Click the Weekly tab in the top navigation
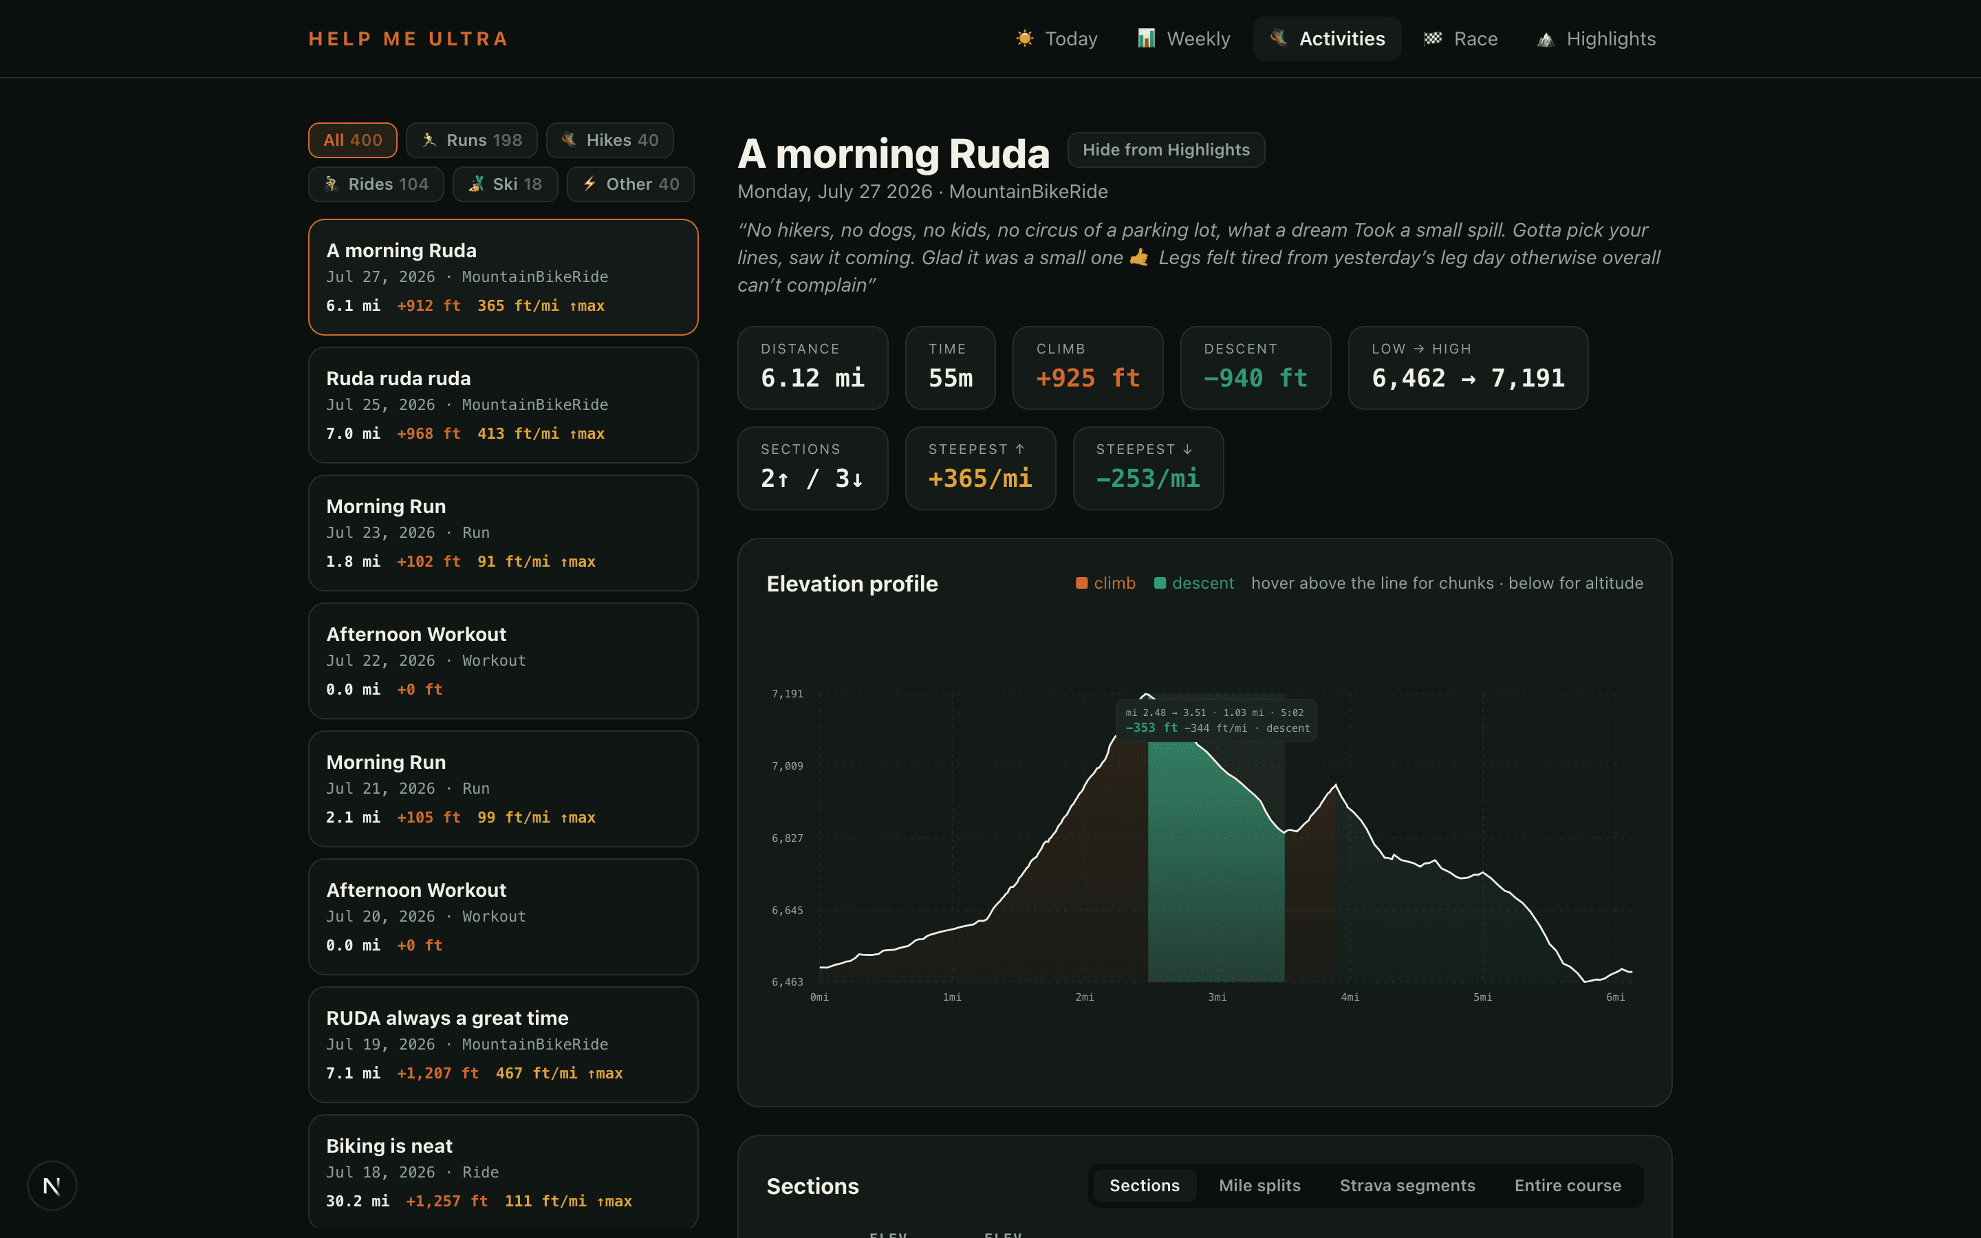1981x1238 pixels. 1184,39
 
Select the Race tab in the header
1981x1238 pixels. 1460,39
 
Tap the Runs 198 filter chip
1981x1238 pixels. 471,140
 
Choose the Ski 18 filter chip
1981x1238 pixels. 505,184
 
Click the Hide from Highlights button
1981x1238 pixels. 1166,150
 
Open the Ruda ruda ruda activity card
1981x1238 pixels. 503,405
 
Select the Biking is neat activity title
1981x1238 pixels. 389,1145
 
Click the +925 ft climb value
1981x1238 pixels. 1088,378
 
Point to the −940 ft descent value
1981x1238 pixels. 1255,378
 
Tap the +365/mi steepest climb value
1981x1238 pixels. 980,478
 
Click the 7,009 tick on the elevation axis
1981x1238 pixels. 788,765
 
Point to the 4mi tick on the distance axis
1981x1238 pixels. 1350,997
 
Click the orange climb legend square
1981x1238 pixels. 1081,583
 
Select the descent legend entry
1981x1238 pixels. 1193,583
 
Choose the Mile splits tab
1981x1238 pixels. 1259,1185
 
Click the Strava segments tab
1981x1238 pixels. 1407,1185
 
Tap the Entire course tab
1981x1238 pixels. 1568,1185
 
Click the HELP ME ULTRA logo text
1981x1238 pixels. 409,39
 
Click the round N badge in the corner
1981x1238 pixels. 52,1186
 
